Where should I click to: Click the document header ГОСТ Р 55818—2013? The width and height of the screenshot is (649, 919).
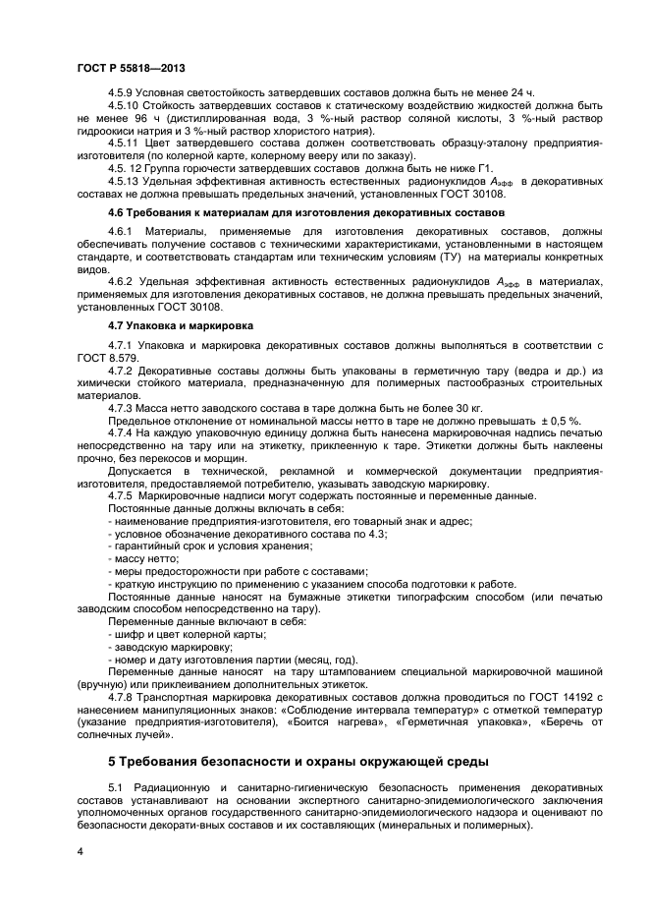(131, 67)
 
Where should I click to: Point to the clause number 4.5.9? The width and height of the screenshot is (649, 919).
(122, 91)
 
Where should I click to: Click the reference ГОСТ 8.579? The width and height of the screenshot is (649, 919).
(103, 357)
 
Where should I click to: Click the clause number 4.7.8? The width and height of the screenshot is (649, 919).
(123, 698)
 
